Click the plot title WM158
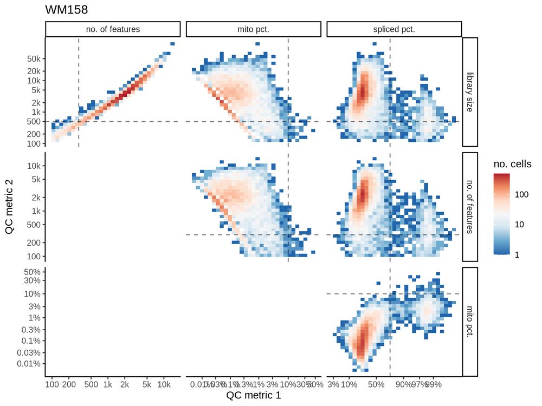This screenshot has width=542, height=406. click(66, 9)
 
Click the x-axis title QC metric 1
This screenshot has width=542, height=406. click(253, 396)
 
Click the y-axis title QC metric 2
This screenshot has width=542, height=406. click(9, 207)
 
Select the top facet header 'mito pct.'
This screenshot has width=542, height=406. click(253, 29)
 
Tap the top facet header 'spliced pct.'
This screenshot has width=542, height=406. click(394, 29)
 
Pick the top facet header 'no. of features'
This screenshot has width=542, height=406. click(113, 29)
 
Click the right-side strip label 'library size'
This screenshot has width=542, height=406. click(470, 91)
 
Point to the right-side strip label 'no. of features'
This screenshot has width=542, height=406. click(470, 207)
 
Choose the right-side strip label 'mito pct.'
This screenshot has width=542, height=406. click(470, 322)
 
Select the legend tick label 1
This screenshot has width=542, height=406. click(517, 254)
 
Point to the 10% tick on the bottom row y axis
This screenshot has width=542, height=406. click(33, 293)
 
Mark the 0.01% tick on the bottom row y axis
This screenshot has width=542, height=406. click(29, 363)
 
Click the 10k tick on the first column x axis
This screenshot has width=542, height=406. click(164, 385)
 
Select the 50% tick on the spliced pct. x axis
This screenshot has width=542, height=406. click(376, 385)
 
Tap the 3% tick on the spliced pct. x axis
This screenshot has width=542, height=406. click(333, 385)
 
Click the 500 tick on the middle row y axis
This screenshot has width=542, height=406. click(33, 224)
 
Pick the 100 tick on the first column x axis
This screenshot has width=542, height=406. click(52, 385)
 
